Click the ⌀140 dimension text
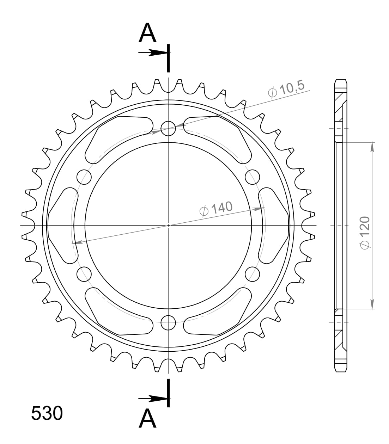[x=216, y=208]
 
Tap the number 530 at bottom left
[x=47, y=413]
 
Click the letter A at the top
[x=147, y=34]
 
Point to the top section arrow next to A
[x=153, y=53]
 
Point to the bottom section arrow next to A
[x=153, y=399]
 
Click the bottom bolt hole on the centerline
[x=168, y=321]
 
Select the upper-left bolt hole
[x=84, y=177]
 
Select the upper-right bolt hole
[x=252, y=177]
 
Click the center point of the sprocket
[x=168, y=225]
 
